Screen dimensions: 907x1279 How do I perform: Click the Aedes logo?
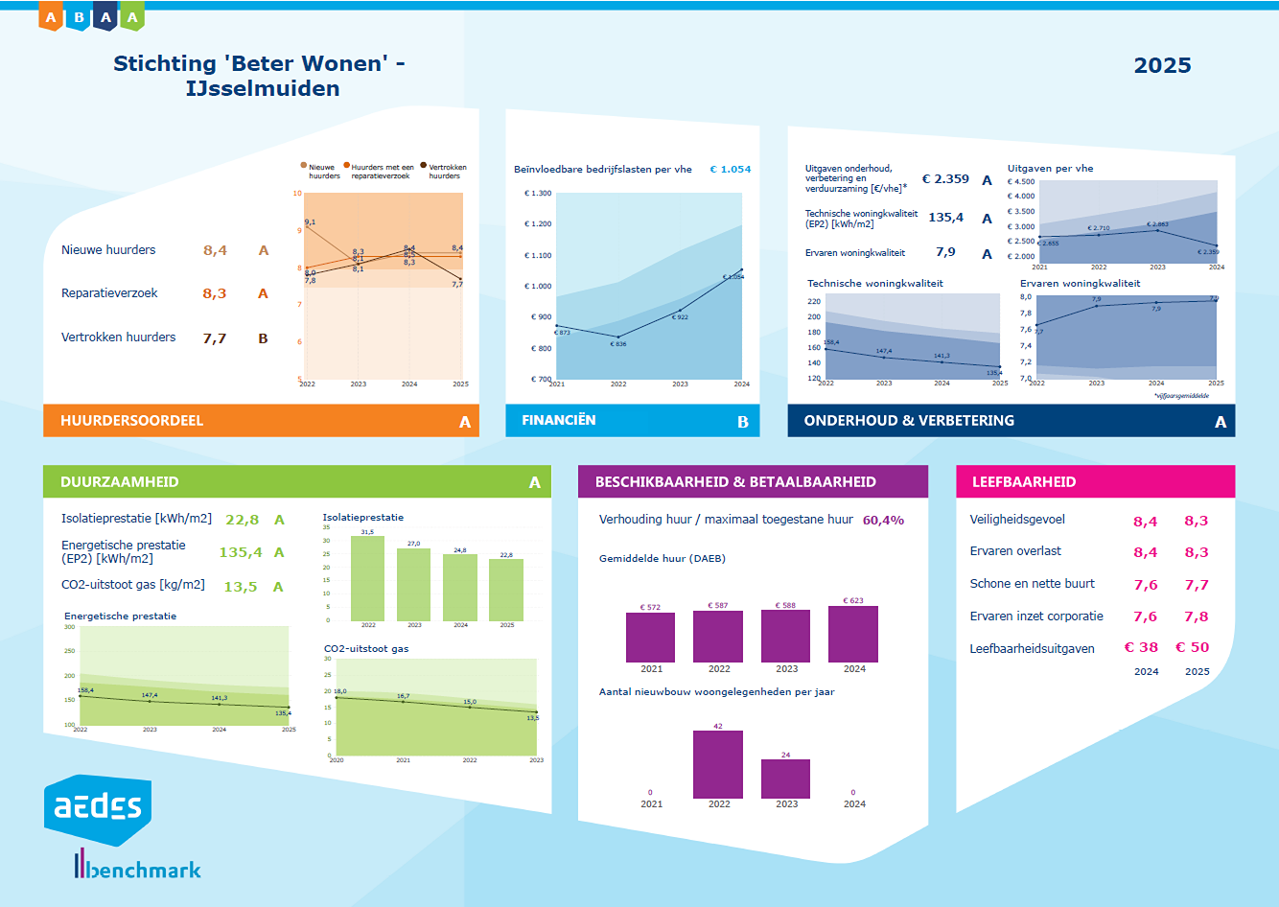point(97,808)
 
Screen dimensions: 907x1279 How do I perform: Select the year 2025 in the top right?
point(1162,65)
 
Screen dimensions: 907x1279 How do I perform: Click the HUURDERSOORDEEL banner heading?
point(131,421)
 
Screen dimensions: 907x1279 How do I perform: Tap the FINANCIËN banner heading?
point(558,421)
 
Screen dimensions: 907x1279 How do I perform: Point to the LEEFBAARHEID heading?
point(1023,482)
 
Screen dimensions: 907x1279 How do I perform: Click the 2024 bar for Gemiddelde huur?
point(853,634)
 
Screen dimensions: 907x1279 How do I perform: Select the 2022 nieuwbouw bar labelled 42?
point(718,764)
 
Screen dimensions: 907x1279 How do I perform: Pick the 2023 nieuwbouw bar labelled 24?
point(785,779)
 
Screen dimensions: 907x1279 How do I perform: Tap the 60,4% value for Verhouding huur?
point(883,521)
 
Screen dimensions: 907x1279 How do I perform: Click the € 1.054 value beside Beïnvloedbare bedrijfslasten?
point(731,170)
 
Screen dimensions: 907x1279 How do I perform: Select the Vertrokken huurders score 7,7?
point(215,338)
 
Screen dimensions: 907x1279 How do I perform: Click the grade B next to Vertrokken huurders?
point(263,338)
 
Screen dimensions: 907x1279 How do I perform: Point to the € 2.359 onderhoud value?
point(945,179)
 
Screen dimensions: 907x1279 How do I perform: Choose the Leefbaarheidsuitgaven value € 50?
point(1193,648)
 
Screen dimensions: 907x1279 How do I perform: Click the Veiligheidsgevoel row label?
point(1017,520)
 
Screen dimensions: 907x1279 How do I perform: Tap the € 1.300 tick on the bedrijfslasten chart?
point(538,194)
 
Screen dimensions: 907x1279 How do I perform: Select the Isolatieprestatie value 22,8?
point(242,520)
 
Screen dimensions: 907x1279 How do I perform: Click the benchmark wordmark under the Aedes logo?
point(139,869)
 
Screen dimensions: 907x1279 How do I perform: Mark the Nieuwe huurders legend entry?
point(321,172)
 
